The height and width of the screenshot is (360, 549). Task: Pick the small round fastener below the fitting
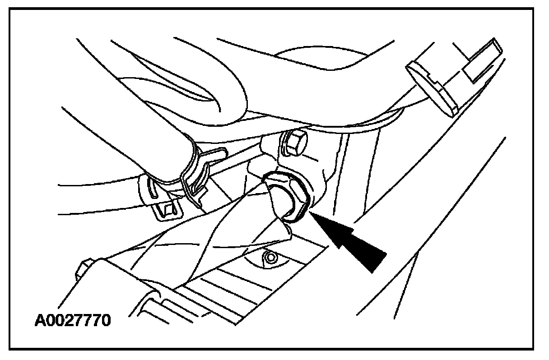271,258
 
